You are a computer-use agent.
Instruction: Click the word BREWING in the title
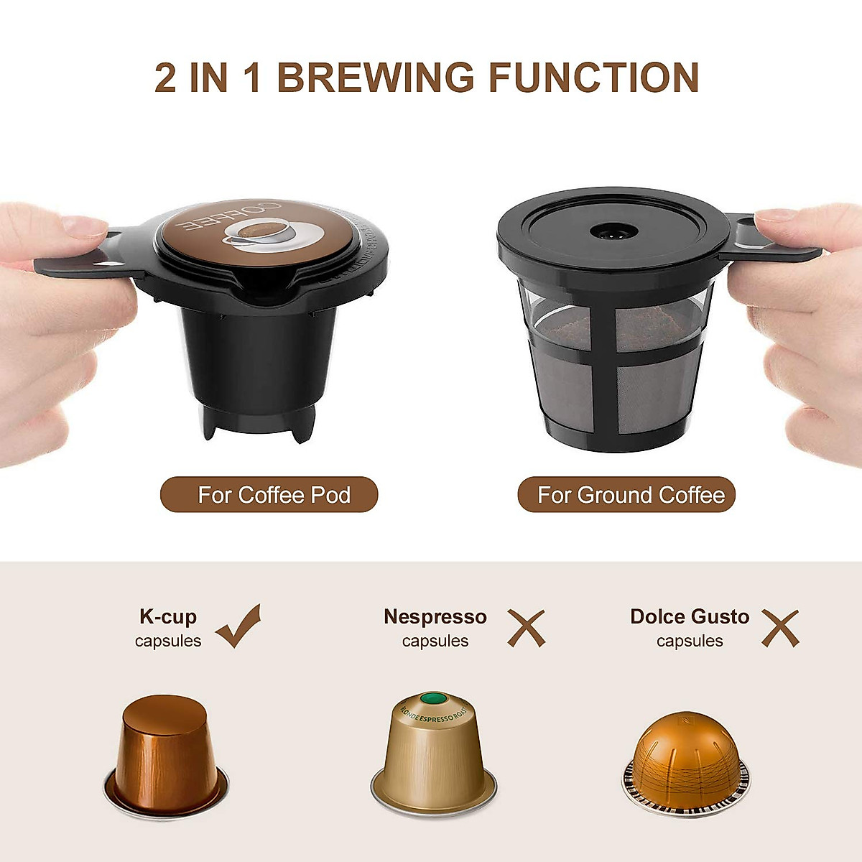(376, 78)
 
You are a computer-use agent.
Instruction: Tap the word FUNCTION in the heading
(594, 78)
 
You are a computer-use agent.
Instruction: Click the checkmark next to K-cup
(239, 626)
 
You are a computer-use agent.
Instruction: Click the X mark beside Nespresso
(527, 628)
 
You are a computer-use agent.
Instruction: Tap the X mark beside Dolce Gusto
(780, 628)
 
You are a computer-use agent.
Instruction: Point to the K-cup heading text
(168, 616)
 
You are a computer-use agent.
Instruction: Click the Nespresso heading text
(435, 616)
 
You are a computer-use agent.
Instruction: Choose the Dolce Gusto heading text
(690, 616)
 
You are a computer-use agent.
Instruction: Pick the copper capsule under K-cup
(167, 754)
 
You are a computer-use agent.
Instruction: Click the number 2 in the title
(165, 78)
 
